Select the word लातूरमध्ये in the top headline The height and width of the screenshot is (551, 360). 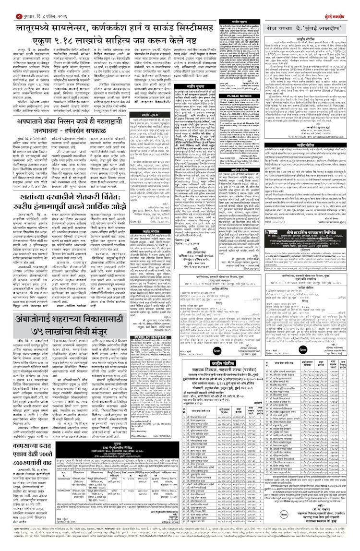pos(38,27)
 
